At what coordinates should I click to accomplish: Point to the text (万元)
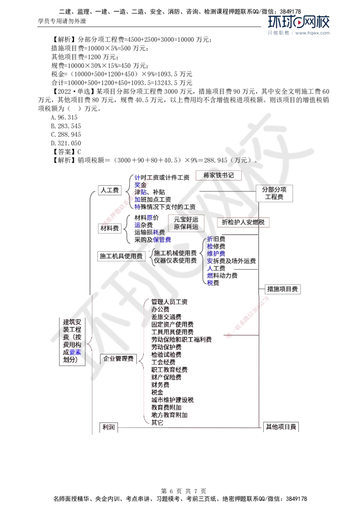click(x=243, y=160)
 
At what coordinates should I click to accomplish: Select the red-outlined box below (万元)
click(x=219, y=175)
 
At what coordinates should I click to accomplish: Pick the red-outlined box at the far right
click(x=243, y=223)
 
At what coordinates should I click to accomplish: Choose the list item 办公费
click(x=160, y=309)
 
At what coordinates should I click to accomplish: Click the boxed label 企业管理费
click(x=118, y=358)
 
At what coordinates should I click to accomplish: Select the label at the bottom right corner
click(x=281, y=427)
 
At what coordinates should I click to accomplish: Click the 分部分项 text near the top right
click(x=275, y=190)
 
